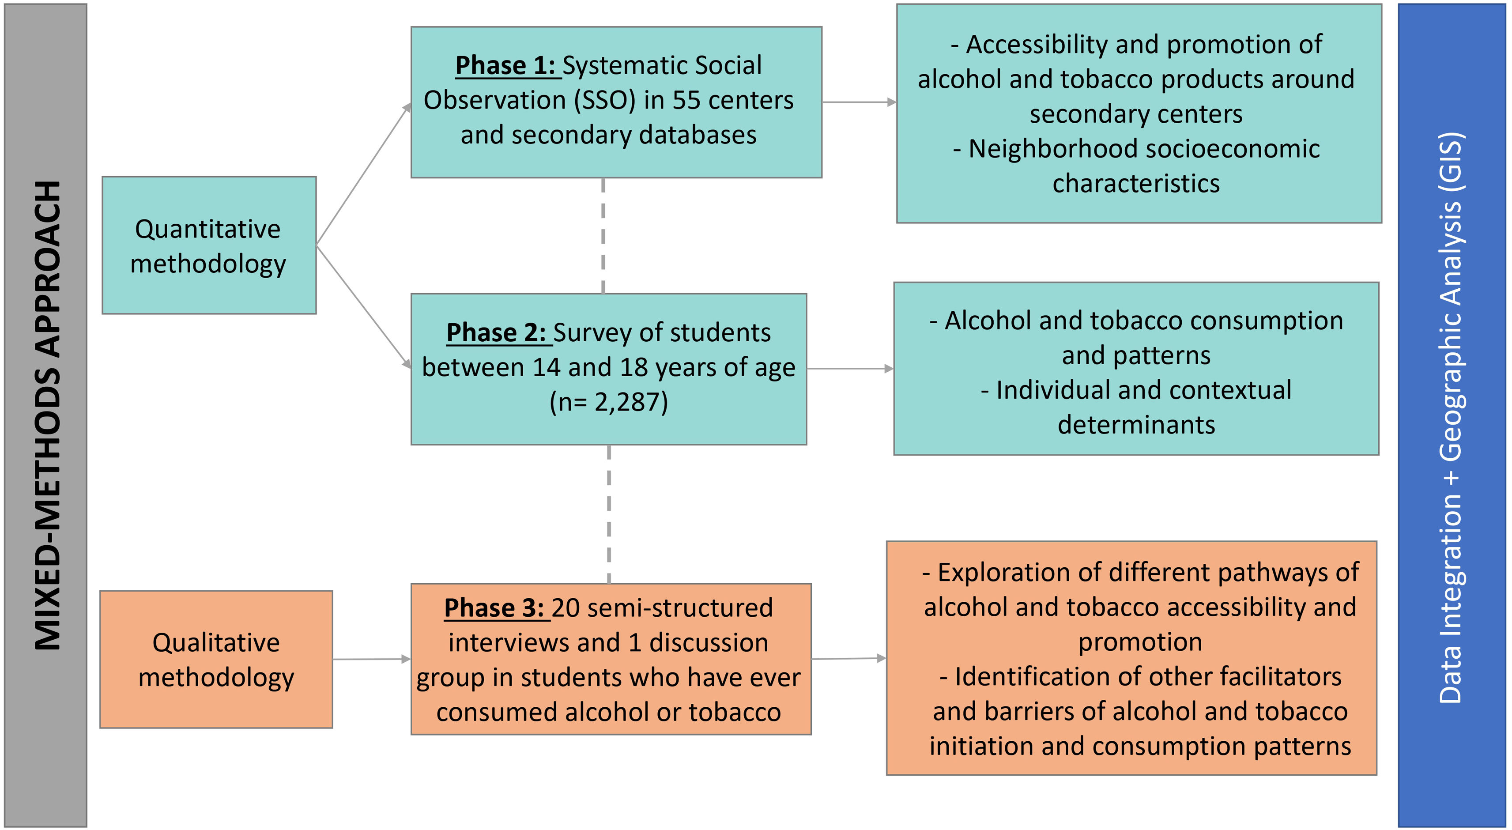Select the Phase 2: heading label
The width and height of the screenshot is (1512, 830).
(497, 333)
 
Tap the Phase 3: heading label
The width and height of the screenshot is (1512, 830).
(494, 608)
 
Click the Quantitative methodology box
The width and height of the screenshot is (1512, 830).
(209, 245)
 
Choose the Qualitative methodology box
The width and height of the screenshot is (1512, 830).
(216, 659)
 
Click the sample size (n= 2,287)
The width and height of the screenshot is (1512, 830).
(609, 403)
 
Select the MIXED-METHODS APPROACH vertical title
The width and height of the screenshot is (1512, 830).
(47, 415)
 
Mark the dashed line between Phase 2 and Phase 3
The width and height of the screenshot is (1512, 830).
(609, 513)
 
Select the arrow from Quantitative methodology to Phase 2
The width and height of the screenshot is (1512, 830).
(363, 306)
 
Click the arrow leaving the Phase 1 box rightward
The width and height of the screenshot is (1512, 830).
(859, 102)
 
